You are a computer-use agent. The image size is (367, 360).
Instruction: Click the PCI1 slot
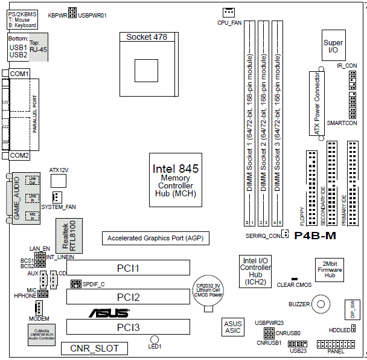coord(128,268)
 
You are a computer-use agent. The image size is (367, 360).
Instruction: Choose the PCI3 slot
coord(128,327)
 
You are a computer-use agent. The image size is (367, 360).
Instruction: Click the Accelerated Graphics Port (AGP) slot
coord(156,239)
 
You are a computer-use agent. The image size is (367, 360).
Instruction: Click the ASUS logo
coord(109,313)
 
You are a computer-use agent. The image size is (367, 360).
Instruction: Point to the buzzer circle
coord(322,304)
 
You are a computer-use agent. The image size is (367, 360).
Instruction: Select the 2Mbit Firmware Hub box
coord(330,270)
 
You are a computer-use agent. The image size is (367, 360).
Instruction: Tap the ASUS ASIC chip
coord(232,327)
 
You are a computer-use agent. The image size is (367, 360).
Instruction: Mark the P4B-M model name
coord(314,236)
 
